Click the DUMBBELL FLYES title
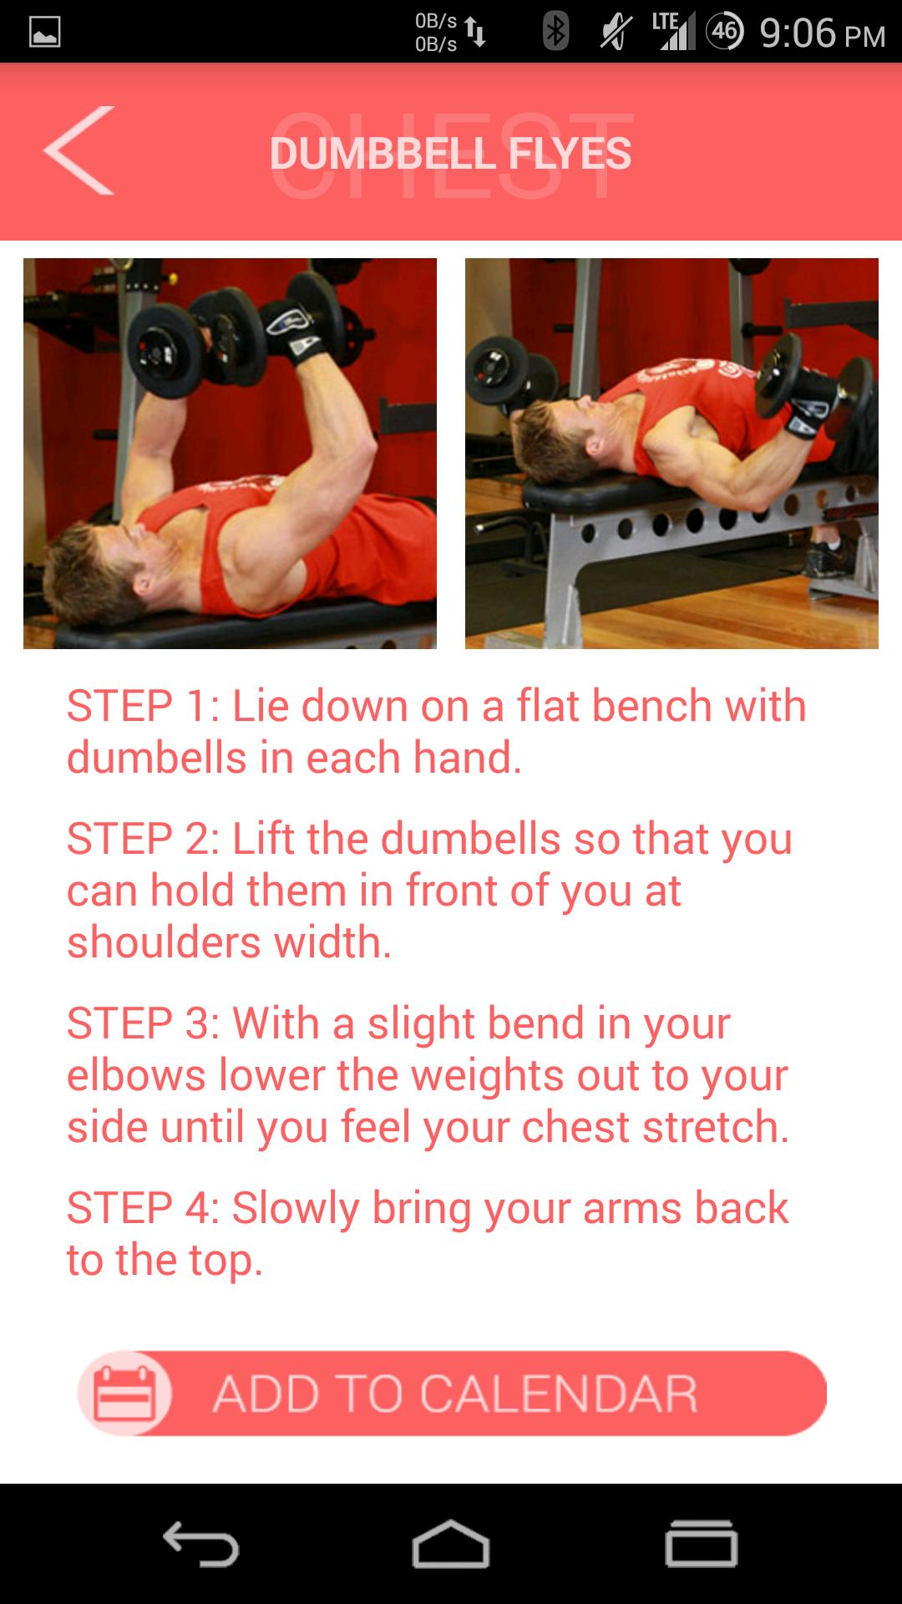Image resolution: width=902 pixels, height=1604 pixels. [x=450, y=154]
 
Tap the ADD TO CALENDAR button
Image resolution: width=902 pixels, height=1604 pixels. [x=452, y=1393]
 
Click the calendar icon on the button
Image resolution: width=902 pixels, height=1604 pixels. [x=124, y=1393]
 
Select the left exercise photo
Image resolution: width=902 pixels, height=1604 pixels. [x=230, y=454]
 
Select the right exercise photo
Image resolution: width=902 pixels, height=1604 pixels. [x=671, y=454]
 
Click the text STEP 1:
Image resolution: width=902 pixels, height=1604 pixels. [x=143, y=707]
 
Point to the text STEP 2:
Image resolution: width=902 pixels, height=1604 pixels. [x=143, y=839]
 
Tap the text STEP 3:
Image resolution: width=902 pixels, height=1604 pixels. [x=143, y=1023]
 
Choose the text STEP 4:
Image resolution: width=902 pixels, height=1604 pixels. [x=143, y=1208]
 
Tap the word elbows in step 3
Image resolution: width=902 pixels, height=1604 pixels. [x=136, y=1075]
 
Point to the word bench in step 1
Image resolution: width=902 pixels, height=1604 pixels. [x=651, y=706]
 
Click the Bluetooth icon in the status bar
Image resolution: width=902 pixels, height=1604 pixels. [x=555, y=33]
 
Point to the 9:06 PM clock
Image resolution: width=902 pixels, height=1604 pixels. [x=822, y=33]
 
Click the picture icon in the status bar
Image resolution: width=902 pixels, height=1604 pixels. [x=45, y=33]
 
